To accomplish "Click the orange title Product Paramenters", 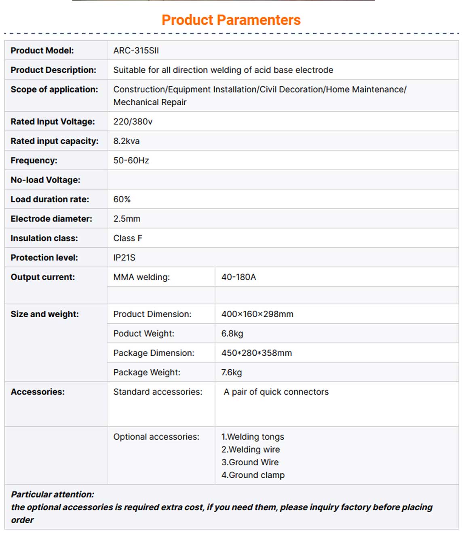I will coord(231,20).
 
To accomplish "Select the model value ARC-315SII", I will coord(136,51).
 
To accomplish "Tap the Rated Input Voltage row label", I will coord(53,121).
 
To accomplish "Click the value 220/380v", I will coord(133,121).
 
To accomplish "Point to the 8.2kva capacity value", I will coord(126,141).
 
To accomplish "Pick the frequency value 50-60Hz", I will coord(131,160).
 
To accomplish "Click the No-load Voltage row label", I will coord(45,180).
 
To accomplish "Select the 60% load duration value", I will coord(122,199).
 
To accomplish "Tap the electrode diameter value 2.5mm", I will coord(127,218).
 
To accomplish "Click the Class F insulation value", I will coord(128,238).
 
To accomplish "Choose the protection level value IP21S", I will coord(124,257).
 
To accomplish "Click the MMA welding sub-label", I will coord(141,277).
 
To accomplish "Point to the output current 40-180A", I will coord(238,277).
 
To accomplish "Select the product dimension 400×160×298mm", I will coord(257,314).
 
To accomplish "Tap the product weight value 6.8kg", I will coord(232,333).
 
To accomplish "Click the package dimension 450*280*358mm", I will coord(256,353).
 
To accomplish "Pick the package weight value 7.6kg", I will coord(231,372).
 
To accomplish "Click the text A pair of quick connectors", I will coord(276,392).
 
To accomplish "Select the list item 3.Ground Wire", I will coord(250,462).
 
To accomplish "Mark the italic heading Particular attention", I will coord(53,494).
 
